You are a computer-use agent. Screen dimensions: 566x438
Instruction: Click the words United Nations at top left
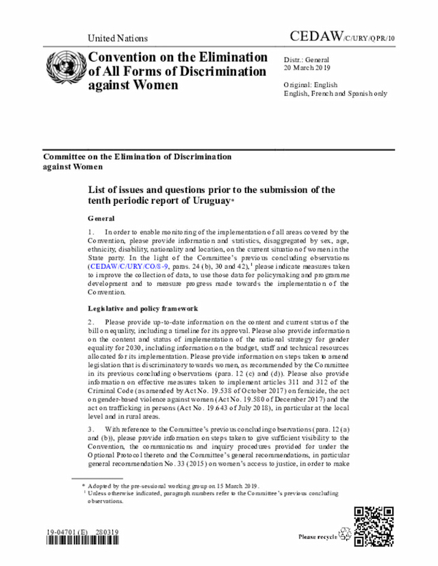pos(118,38)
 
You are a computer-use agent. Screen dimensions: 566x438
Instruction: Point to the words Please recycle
pos(318,537)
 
